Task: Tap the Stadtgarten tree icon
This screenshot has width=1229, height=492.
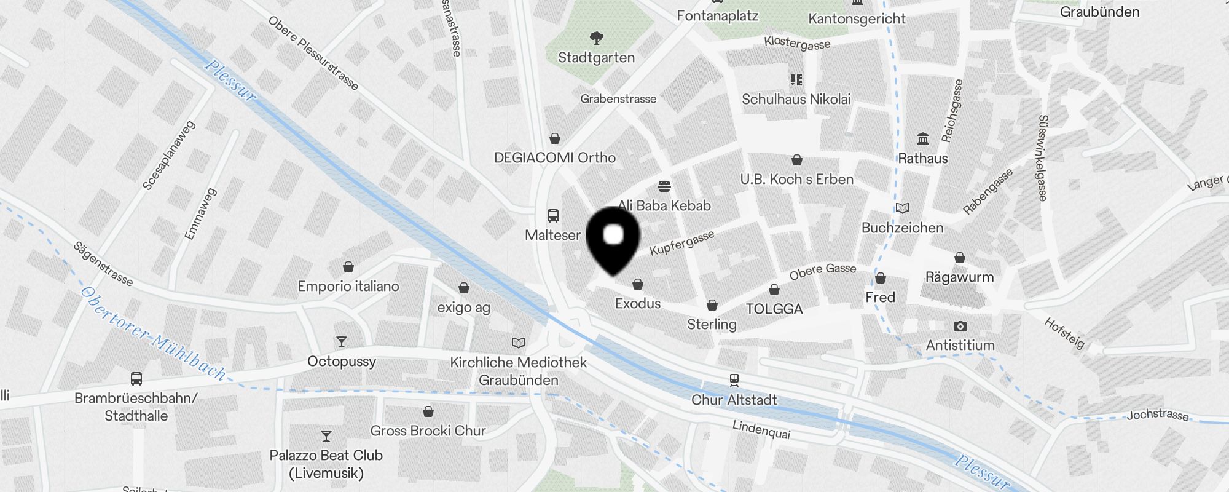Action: coord(596,38)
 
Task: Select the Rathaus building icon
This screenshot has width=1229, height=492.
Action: coord(922,138)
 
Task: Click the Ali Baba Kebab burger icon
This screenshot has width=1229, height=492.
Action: coord(664,186)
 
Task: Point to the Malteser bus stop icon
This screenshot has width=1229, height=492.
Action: coord(552,216)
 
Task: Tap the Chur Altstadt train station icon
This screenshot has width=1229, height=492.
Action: coord(734,379)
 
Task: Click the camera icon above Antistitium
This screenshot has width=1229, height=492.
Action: coord(960,326)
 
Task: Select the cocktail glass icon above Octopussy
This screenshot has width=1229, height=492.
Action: coord(342,341)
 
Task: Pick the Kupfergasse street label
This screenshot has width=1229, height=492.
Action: coord(682,243)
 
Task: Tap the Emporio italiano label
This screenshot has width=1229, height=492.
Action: coord(348,286)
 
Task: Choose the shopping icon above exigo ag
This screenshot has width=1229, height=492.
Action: coord(464,288)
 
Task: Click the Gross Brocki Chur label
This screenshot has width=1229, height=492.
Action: coord(428,430)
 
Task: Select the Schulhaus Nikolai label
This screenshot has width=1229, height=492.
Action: coord(796,99)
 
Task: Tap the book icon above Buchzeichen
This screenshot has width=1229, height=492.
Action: coord(902,208)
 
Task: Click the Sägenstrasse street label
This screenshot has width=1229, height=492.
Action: coord(103,264)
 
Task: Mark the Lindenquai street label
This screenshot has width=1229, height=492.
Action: coord(761,429)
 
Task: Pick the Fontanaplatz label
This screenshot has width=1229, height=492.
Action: coord(717,16)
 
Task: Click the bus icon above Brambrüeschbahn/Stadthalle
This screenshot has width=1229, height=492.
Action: coord(136,379)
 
